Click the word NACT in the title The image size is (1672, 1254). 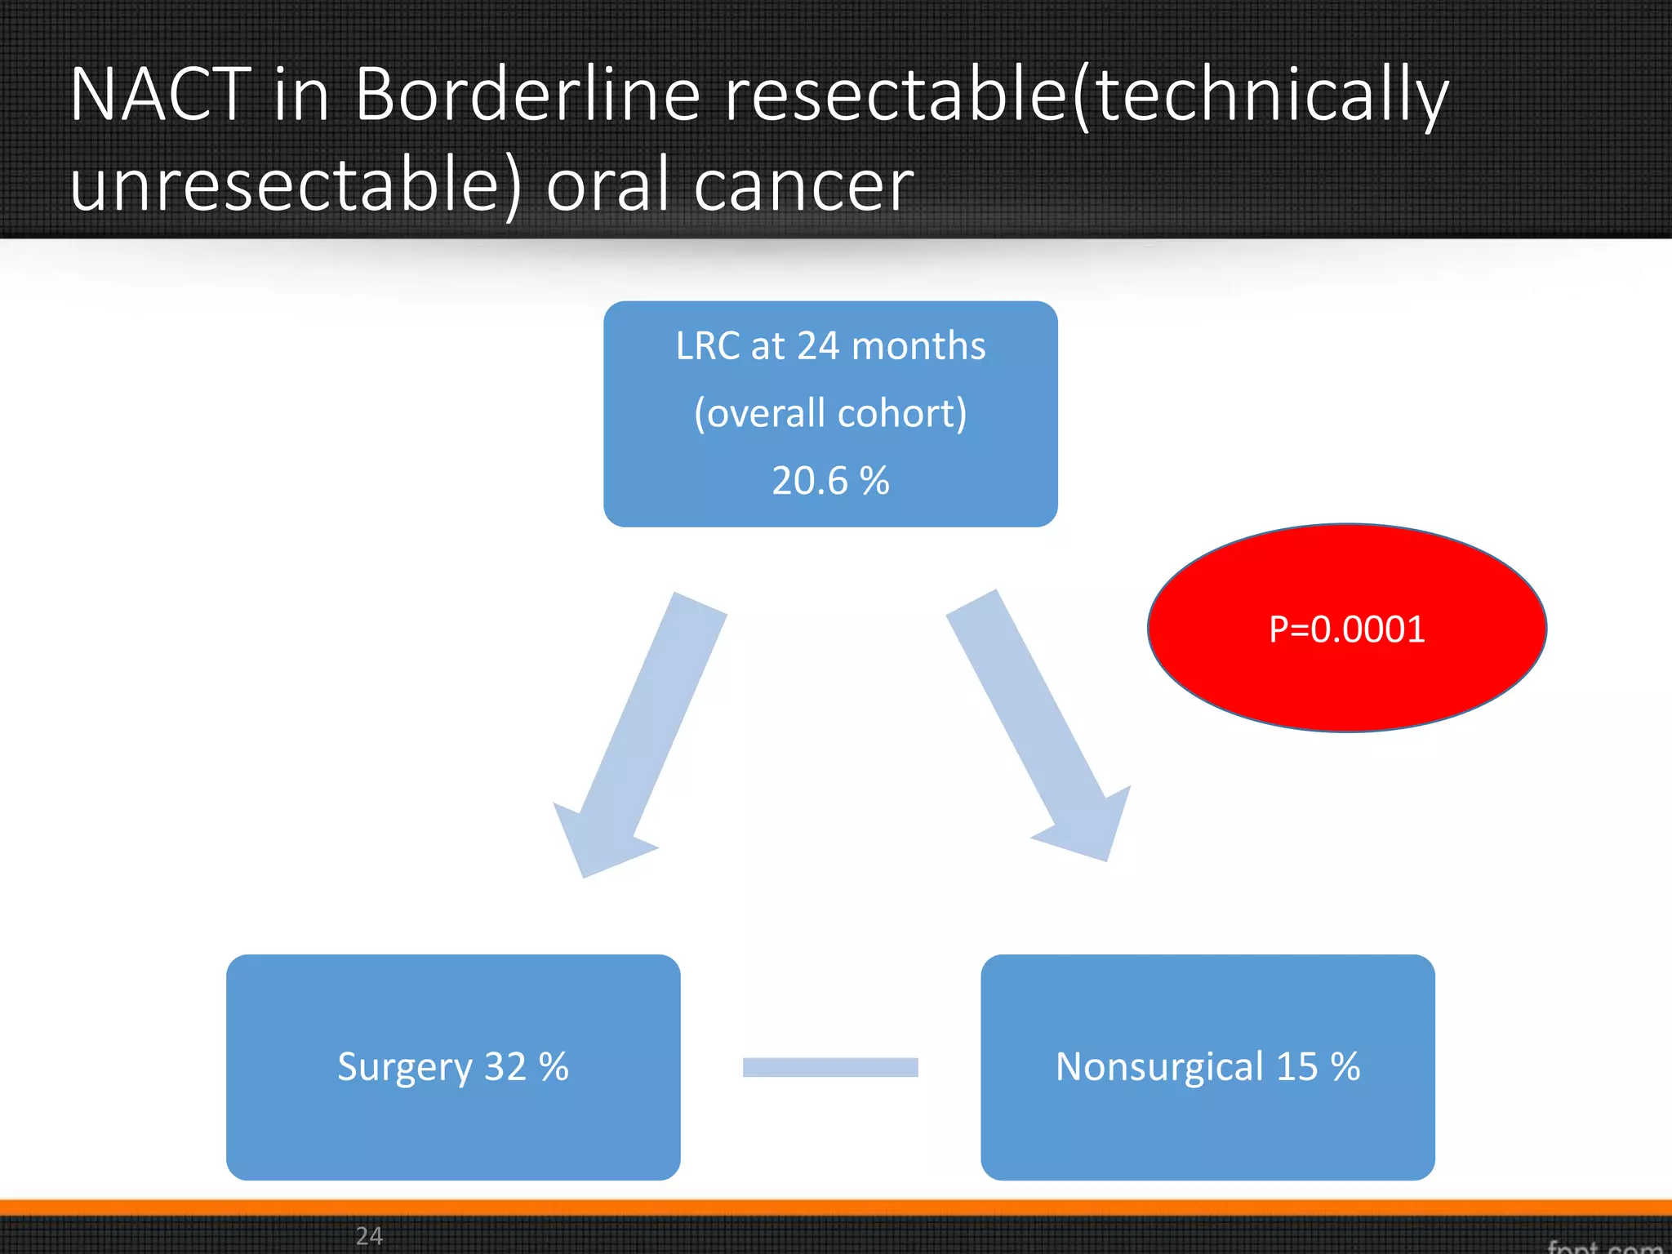tap(161, 95)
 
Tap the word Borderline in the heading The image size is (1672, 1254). tap(527, 95)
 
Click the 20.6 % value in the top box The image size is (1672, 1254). tap(830, 481)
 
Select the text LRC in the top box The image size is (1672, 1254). tap(708, 346)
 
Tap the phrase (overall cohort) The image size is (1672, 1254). tap(830, 414)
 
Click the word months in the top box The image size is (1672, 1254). tap(918, 346)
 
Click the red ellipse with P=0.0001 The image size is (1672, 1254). tap(1346, 629)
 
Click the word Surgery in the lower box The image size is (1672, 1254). tap(405, 1068)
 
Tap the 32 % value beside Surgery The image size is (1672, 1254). tap(527, 1067)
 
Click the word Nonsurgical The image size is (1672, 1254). tap(1160, 1067)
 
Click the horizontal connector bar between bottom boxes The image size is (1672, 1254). tap(830, 1067)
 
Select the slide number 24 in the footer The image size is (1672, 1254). tap(369, 1235)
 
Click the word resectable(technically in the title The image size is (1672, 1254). tap(1086, 95)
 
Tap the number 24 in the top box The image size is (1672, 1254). tap(818, 346)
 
